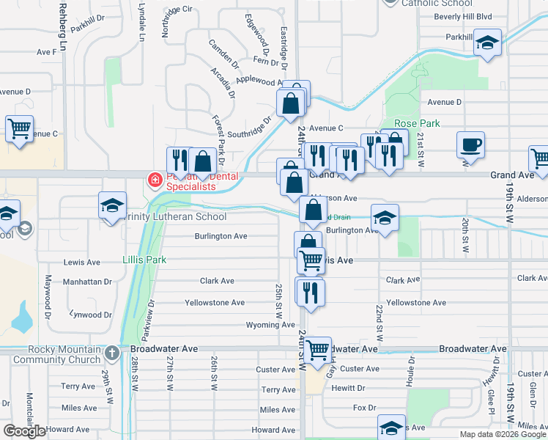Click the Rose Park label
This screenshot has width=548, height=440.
(x=417, y=123)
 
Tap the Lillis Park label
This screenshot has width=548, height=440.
(x=144, y=260)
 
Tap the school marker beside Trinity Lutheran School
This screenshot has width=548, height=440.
(x=113, y=208)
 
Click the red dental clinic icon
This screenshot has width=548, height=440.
(x=155, y=180)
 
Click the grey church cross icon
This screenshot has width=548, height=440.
(x=111, y=353)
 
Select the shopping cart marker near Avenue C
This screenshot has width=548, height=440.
(x=20, y=130)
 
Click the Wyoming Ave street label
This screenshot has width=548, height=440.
(x=270, y=325)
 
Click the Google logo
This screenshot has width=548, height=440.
(x=24, y=431)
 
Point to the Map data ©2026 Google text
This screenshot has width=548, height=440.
(x=502, y=434)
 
